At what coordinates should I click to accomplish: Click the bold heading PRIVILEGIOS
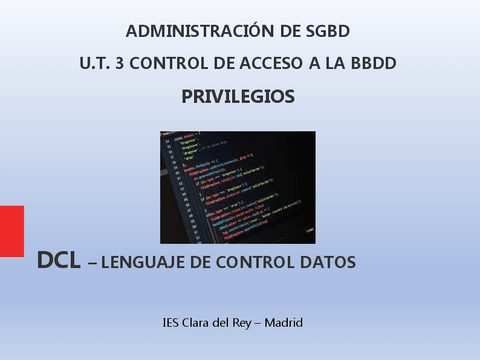coord(238,97)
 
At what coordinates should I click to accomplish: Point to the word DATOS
coord(325,263)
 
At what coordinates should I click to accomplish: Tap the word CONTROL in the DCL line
coord(248,263)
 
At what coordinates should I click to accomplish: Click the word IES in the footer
coord(171,323)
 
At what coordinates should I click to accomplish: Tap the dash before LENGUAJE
coord(93,264)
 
